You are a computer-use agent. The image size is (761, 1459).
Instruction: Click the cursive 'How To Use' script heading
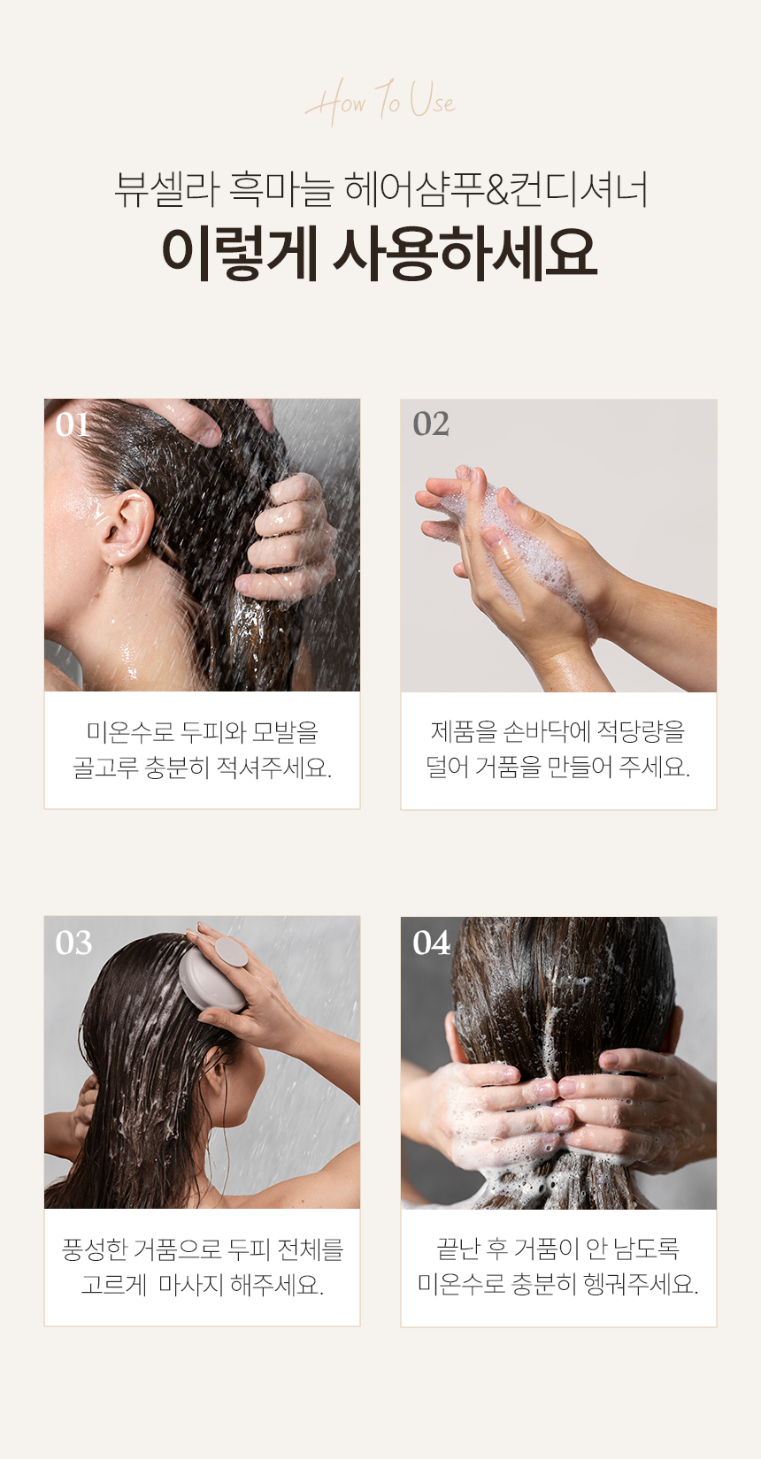pyautogui.click(x=380, y=102)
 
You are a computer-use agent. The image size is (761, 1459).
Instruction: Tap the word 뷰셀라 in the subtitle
pyautogui.click(x=166, y=189)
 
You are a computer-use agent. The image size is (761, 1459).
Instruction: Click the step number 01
pyautogui.click(x=73, y=424)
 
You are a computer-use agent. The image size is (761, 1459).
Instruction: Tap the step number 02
pyautogui.click(x=431, y=424)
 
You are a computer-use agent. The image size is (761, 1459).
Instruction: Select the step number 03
pyautogui.click(x=73, y=943)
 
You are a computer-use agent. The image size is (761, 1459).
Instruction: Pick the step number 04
pyautogui.click(x=431, y=943)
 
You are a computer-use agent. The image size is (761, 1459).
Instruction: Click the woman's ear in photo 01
pyautogui.click(x=128, y=528)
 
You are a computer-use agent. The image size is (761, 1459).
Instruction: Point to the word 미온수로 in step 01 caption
pyautogui.click(x=130, y=732)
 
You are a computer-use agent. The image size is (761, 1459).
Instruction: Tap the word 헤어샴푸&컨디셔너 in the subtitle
pyautogui.click(x=496, y=189)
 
